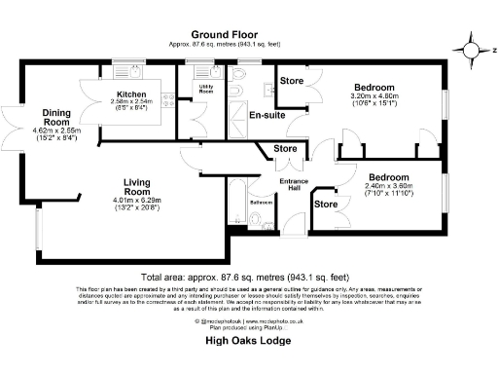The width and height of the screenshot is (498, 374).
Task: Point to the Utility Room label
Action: coord(206,89)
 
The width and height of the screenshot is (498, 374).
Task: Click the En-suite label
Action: coord(267,115)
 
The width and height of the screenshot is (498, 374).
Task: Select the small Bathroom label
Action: coord(260,202)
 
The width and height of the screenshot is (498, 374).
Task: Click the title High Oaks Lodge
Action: coord(249,342)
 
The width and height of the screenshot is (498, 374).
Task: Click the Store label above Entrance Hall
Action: coord(285,149)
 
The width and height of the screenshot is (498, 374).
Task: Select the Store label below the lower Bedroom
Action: coord(326,205)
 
